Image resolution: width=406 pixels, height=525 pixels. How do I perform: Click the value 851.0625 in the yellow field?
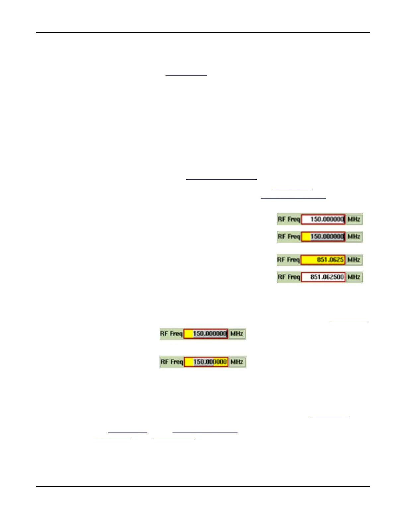(330, 260)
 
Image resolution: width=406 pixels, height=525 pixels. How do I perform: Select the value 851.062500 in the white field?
(327, 277)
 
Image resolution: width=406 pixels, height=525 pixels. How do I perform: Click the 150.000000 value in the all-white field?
(327, 219)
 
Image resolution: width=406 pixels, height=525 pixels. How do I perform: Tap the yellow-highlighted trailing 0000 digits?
(220, 362)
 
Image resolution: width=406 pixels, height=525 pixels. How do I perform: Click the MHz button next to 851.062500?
(354, 277)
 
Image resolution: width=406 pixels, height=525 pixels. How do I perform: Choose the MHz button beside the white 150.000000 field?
(354, 219)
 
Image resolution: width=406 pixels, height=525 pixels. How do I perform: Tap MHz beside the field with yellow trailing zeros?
(237, 362)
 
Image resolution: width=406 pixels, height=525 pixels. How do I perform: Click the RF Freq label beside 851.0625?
(289, 260)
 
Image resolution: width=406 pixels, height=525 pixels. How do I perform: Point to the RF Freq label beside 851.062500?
(289, 277)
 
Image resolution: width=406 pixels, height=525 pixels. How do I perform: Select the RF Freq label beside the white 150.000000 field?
(289, 219)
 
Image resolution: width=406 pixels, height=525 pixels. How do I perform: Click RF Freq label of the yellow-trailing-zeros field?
(171, 362)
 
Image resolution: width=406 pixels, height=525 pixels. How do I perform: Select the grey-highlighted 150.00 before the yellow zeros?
(203, 362)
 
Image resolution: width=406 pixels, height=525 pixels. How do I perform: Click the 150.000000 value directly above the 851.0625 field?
(327, 237)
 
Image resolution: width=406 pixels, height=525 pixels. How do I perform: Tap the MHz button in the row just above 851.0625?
(354, 237)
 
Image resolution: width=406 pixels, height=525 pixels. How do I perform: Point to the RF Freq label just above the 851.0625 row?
(289, 237)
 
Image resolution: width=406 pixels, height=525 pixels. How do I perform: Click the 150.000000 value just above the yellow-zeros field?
(210, 334)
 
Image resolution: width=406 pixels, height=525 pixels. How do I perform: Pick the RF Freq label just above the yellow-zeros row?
(171, 334)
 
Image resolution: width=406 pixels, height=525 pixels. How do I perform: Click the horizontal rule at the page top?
(203, 32)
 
